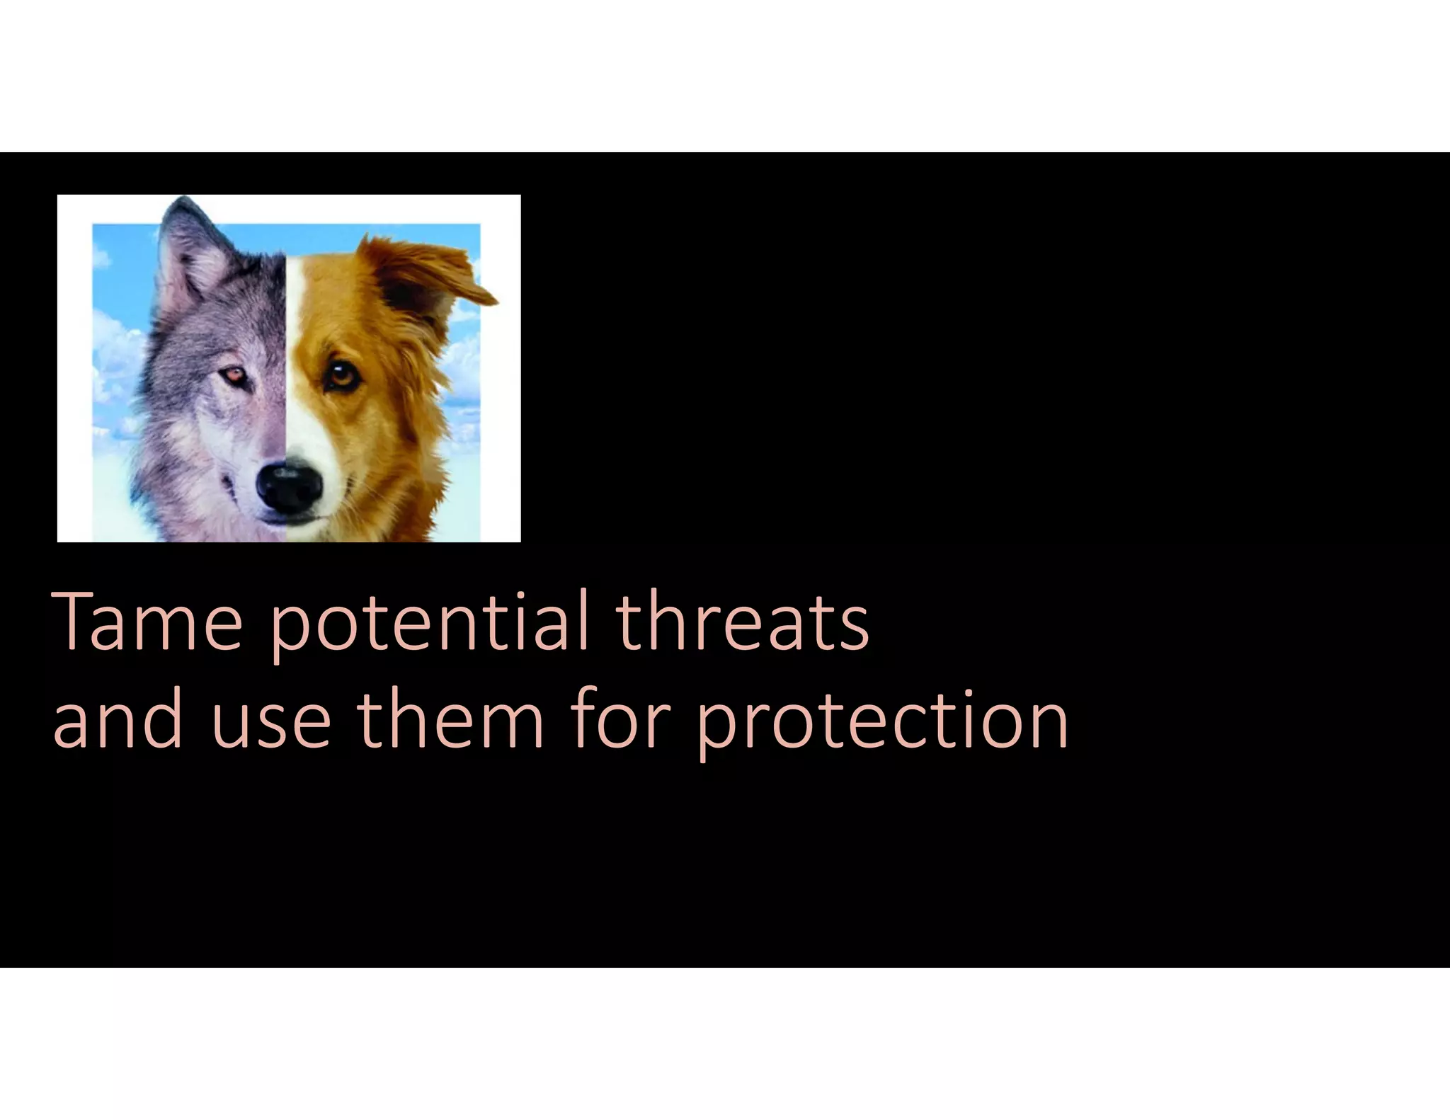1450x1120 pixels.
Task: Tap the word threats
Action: point(743,623)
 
